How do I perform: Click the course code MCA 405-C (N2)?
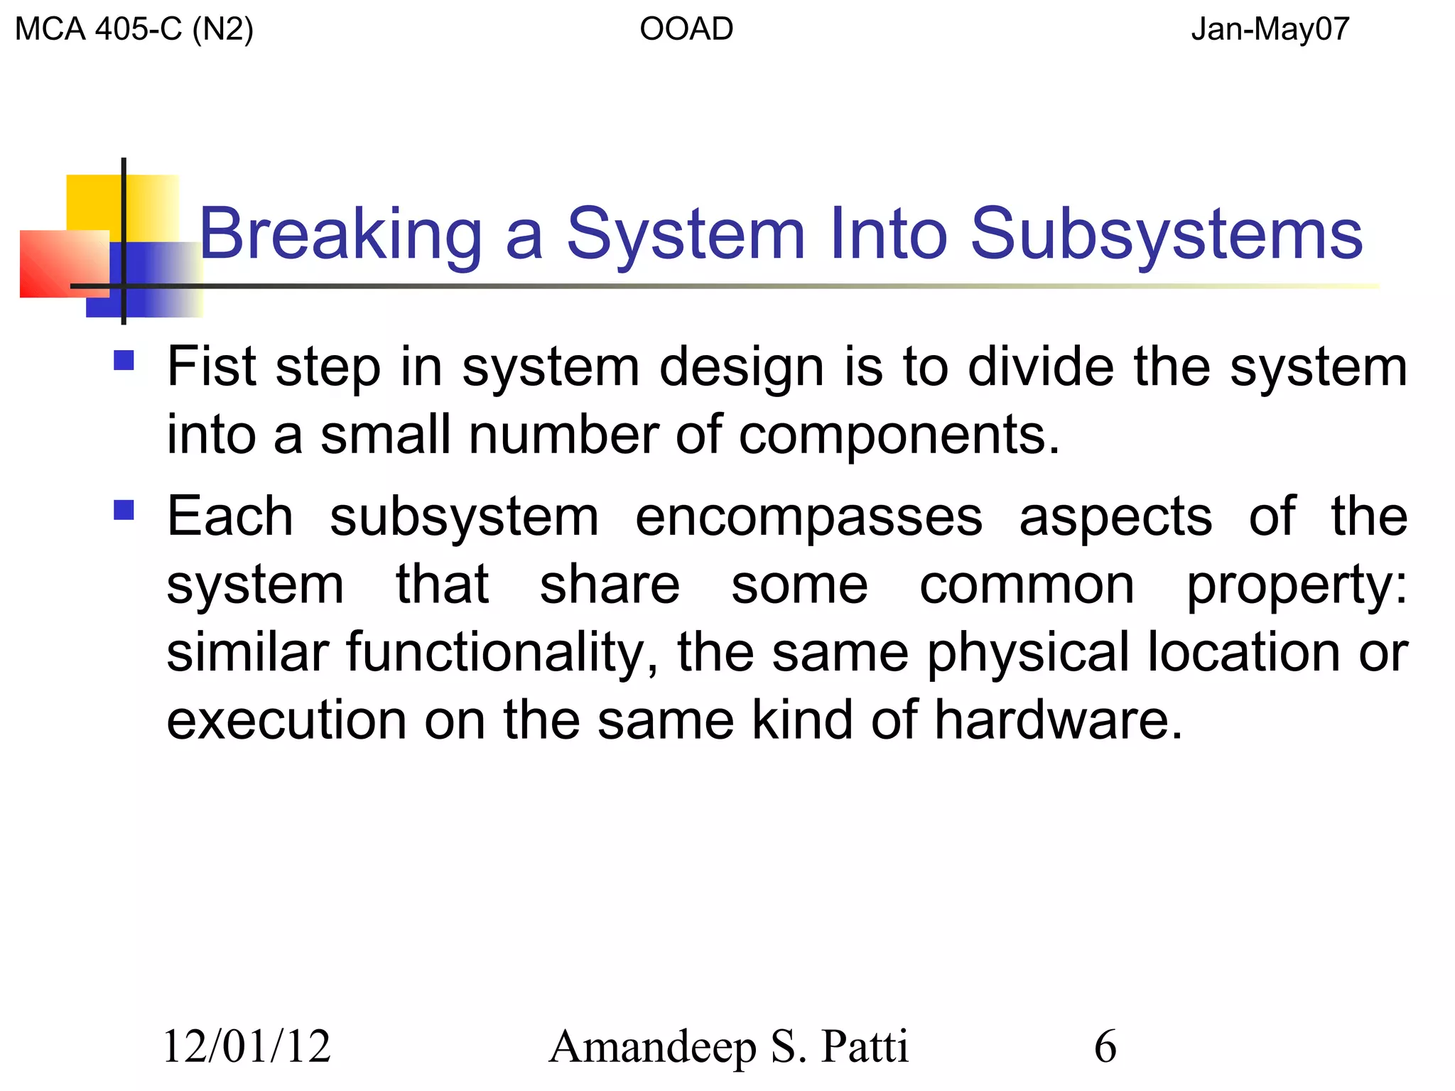point(134,30)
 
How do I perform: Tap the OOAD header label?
point(686,30)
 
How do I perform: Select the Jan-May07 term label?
point(1270,30)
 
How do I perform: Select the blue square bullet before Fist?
point(124,361)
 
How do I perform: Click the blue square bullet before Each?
point(124,510)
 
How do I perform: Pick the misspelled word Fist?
point(211,367)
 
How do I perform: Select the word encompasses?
point(808,517)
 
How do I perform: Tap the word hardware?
point(1058,720)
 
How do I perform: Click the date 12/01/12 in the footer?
point(247,1047)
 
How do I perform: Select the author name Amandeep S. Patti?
point(728,1047)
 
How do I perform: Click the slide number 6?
point(1105,1047)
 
